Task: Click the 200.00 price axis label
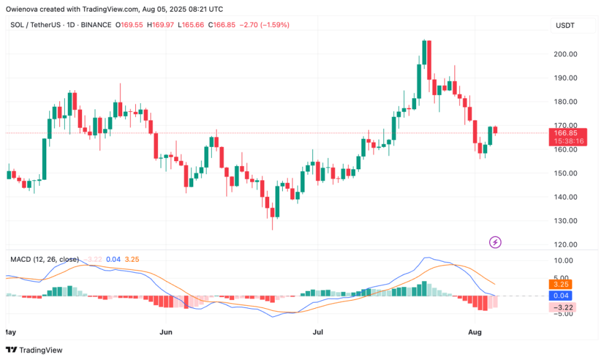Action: coord(564,54)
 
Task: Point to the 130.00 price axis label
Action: coord(564,221)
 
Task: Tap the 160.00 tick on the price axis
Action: coord(564,149)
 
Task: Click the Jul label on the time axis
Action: coord(317,332)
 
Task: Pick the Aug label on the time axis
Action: coord(475,332)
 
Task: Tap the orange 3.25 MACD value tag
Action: coord(560,285)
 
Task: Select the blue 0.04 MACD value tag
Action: coord(560,296)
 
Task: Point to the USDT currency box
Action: coord(564,25)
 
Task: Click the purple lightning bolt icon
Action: coord(495,242)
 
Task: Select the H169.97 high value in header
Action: coord(162,25)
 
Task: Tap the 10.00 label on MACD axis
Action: coord(564,261)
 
